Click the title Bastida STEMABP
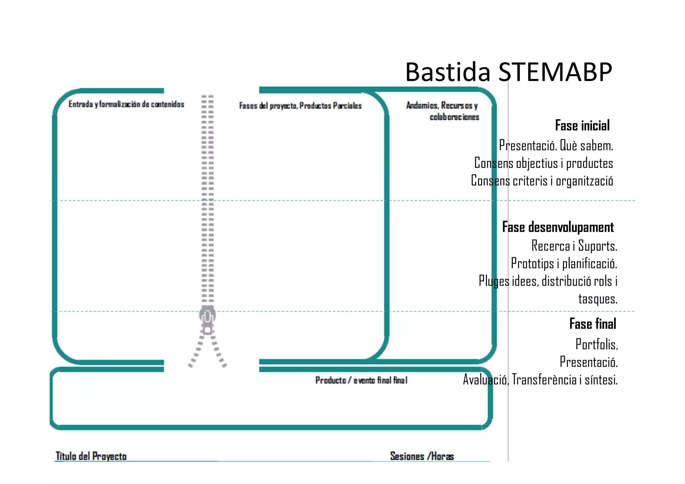(508, 72)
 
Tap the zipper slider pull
(207, 319)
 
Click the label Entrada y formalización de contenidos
(126, 104)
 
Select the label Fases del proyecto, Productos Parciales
(300, 106)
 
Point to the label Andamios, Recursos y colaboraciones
(443, 111)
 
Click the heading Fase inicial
(582, 125)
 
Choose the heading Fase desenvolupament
(558, 227)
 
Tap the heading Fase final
(592, 324)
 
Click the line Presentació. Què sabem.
(556, 146)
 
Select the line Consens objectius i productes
(544, 163)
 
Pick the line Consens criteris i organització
(542, 181)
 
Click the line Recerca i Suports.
(574, 246)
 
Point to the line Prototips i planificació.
(564, 264)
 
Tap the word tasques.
(597, 299)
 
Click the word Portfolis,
(596, 344)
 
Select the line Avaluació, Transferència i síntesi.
(540, 380)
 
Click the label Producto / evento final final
(361, 380)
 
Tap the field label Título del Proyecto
(91, 456)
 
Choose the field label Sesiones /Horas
(422, 456)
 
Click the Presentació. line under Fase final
(588, 362)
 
